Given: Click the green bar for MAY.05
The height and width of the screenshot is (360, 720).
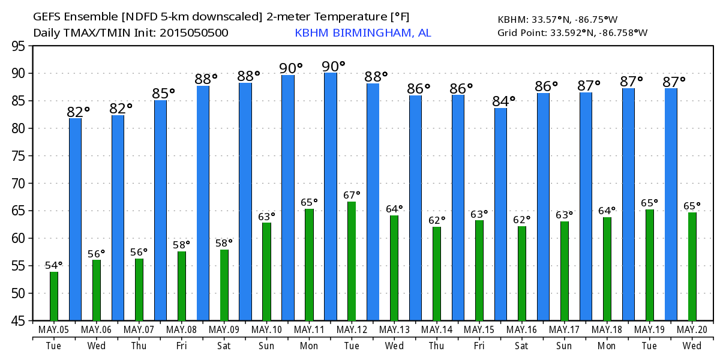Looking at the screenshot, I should click(x=54, y=296).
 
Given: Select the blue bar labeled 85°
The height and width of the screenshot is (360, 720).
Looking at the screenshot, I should click(x=160, y=210).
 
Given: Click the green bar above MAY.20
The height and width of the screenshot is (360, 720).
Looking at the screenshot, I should click(x=692, y=266).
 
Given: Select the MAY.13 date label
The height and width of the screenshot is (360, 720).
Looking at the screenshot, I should click(x=394, y=330).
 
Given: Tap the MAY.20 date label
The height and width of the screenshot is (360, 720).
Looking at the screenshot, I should click(x=692, y=330).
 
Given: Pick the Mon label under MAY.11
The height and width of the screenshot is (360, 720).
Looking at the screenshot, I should click(x=309, y=347).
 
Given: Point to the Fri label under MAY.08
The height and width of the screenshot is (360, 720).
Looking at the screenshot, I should click(x=181, y=347).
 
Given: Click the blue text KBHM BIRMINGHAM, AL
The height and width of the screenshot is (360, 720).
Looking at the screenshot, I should click(x=362, y=33).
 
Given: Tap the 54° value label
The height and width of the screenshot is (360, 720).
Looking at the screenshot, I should click(x=54, y=266).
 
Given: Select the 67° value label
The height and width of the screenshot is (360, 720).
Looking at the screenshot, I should click(x=352, y=195).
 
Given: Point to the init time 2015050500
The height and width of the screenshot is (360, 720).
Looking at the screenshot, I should click(x=193, y=33).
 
